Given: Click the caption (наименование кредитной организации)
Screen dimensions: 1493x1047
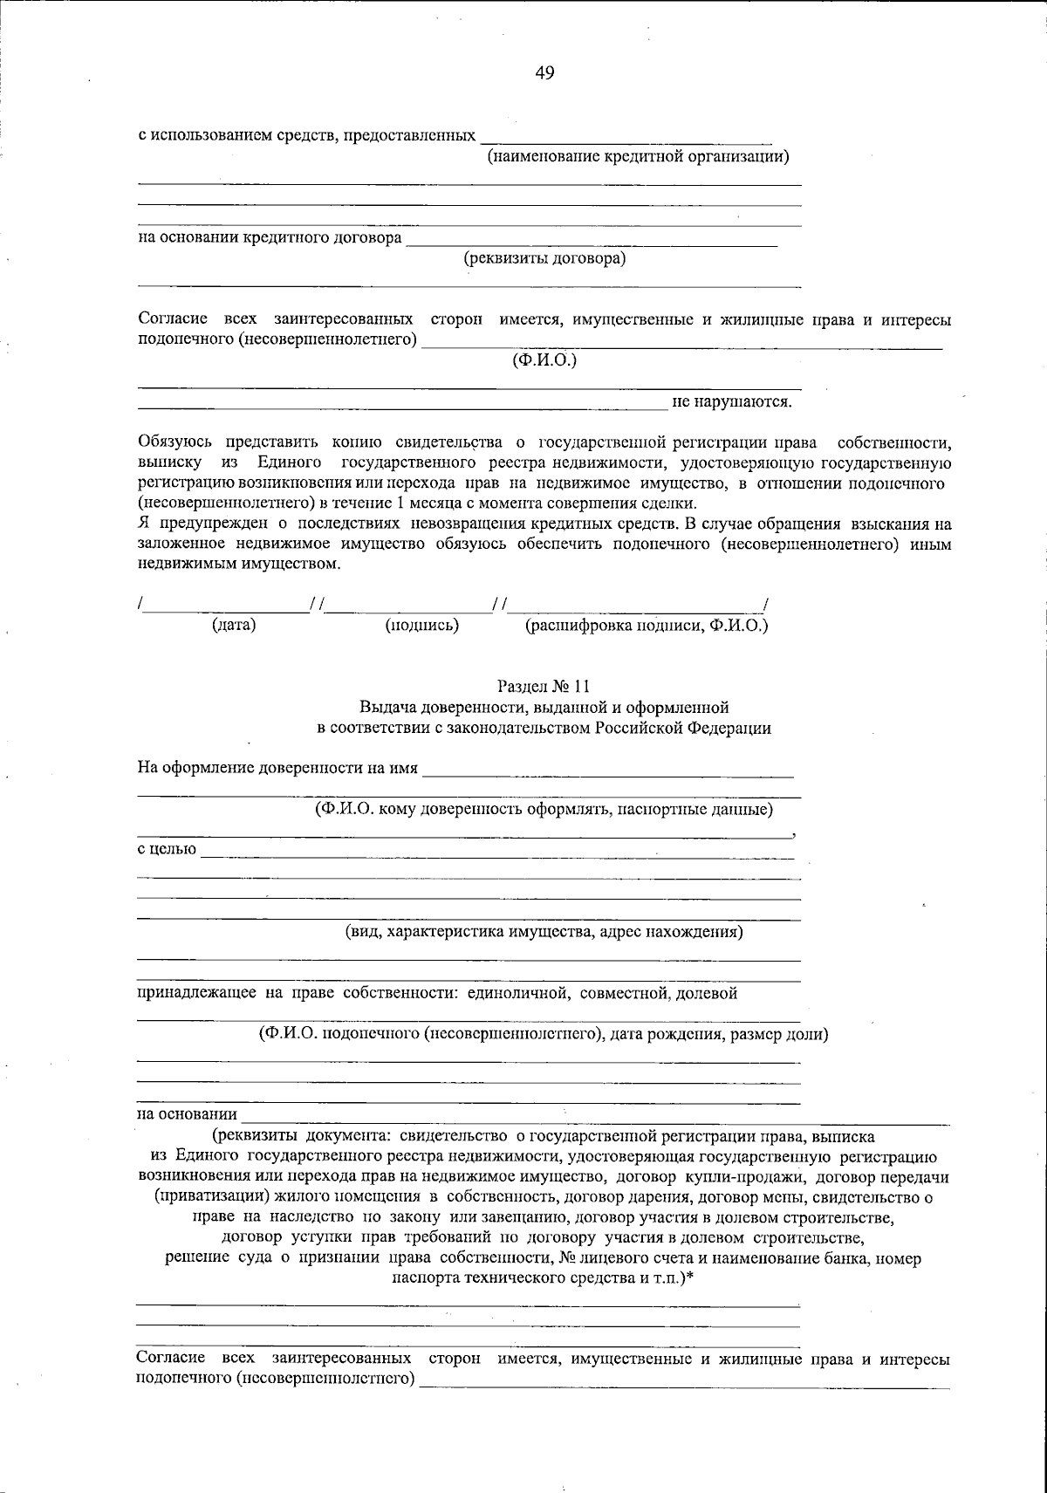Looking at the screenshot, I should pyautogui.click(x=638, y=156).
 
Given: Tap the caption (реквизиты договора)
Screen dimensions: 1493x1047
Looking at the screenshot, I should pyautogui.click(x=544, y=258).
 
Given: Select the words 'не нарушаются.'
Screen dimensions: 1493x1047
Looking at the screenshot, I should pyautogui.click(x=731, y=402).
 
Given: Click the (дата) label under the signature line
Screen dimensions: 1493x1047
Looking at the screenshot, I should pyautogui.click(x=234, y=625).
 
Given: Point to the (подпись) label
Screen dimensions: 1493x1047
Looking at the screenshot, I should pyautogui.click(x=422, y=625).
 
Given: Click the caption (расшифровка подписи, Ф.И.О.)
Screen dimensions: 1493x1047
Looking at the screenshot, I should pyautogui.click(x=646, y=625).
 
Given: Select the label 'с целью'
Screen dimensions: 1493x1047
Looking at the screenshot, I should pyautogui.click(x=167, y=849).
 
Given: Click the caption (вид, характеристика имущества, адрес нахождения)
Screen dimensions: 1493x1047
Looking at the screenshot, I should pyautogui.click(x=544, y=931).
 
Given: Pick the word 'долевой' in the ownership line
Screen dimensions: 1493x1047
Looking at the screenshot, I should pyautogui.click(x=709, y=992).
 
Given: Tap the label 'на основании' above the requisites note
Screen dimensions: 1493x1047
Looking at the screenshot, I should pyautogui.click(x=187, y=1114).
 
